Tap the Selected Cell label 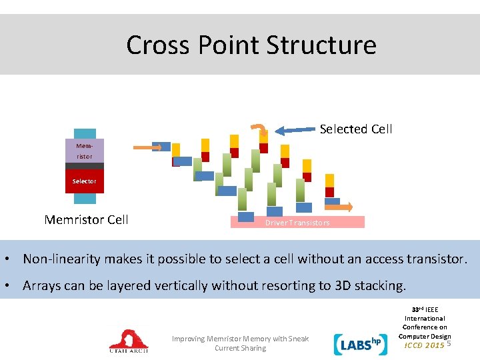click(356, 129)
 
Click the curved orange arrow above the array click(257, 129)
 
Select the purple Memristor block click(85, 151)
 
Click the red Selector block click(85, 181)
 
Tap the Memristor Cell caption click(86, 219)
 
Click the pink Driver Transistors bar click(298, 223)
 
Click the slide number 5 click(449, 343)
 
